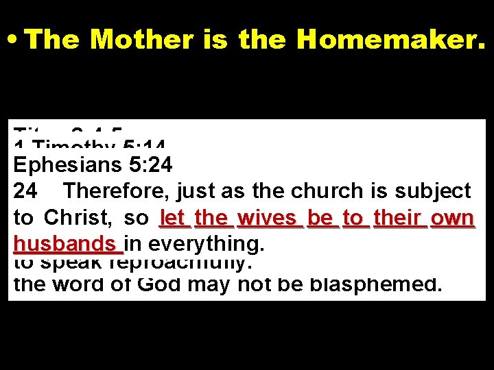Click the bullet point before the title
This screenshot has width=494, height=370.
click(x=13, y=40)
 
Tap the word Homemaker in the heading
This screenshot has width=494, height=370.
click(x=391, y=40)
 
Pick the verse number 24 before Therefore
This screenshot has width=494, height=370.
click(x=25, y=191)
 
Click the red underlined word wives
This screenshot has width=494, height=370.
click(x=268, y=218)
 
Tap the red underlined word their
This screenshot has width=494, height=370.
click(x=397, y=218)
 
